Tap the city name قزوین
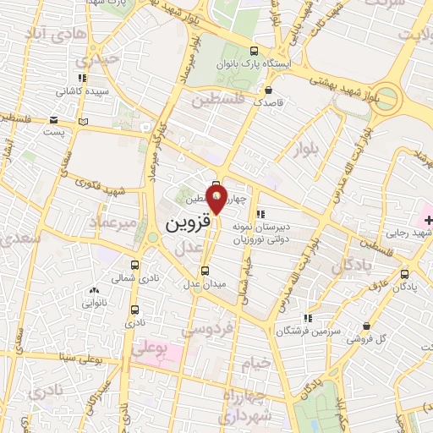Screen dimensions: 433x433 pyautogui.click(x=184, y=224)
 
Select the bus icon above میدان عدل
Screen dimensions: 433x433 pyautogui.click(x=205, y=271)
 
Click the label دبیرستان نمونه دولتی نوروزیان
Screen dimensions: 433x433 pyautogui.click(x=285, y=233)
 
